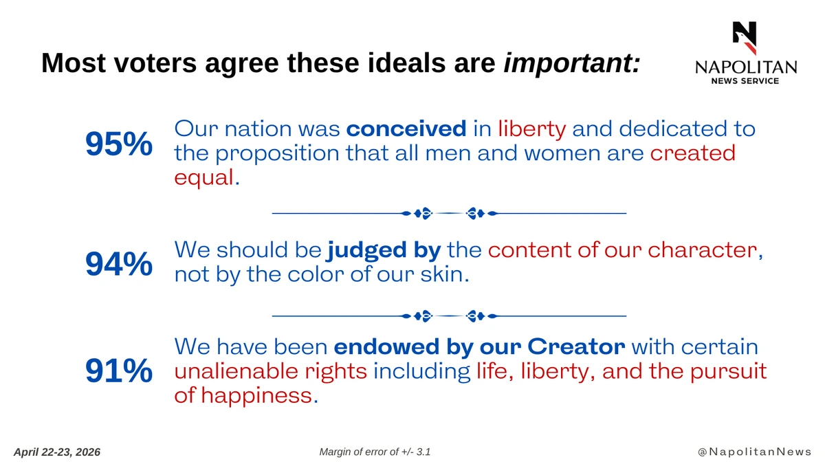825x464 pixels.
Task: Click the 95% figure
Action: coord(118,144)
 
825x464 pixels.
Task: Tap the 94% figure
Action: coord(118,264)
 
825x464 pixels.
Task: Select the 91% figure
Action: coord(118,371)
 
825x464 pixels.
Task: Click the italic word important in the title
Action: coord(572,64)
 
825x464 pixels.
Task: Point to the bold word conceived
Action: coord(406,129)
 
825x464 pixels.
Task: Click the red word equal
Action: coord(204,178)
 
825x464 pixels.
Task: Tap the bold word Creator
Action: coord(576,346)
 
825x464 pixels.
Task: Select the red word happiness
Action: coord(256,395)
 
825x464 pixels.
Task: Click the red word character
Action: coord(703,250)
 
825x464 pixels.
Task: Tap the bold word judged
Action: coord(367,251)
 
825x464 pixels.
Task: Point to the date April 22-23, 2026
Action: coord(57,452)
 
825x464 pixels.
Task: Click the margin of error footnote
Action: coord(375,452)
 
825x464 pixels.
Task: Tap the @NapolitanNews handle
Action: coord(755,452)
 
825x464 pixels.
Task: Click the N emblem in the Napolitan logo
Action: coord(745,38)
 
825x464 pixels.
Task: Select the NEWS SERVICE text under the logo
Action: coord(745,81)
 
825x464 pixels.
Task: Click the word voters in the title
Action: coord(155,63)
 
